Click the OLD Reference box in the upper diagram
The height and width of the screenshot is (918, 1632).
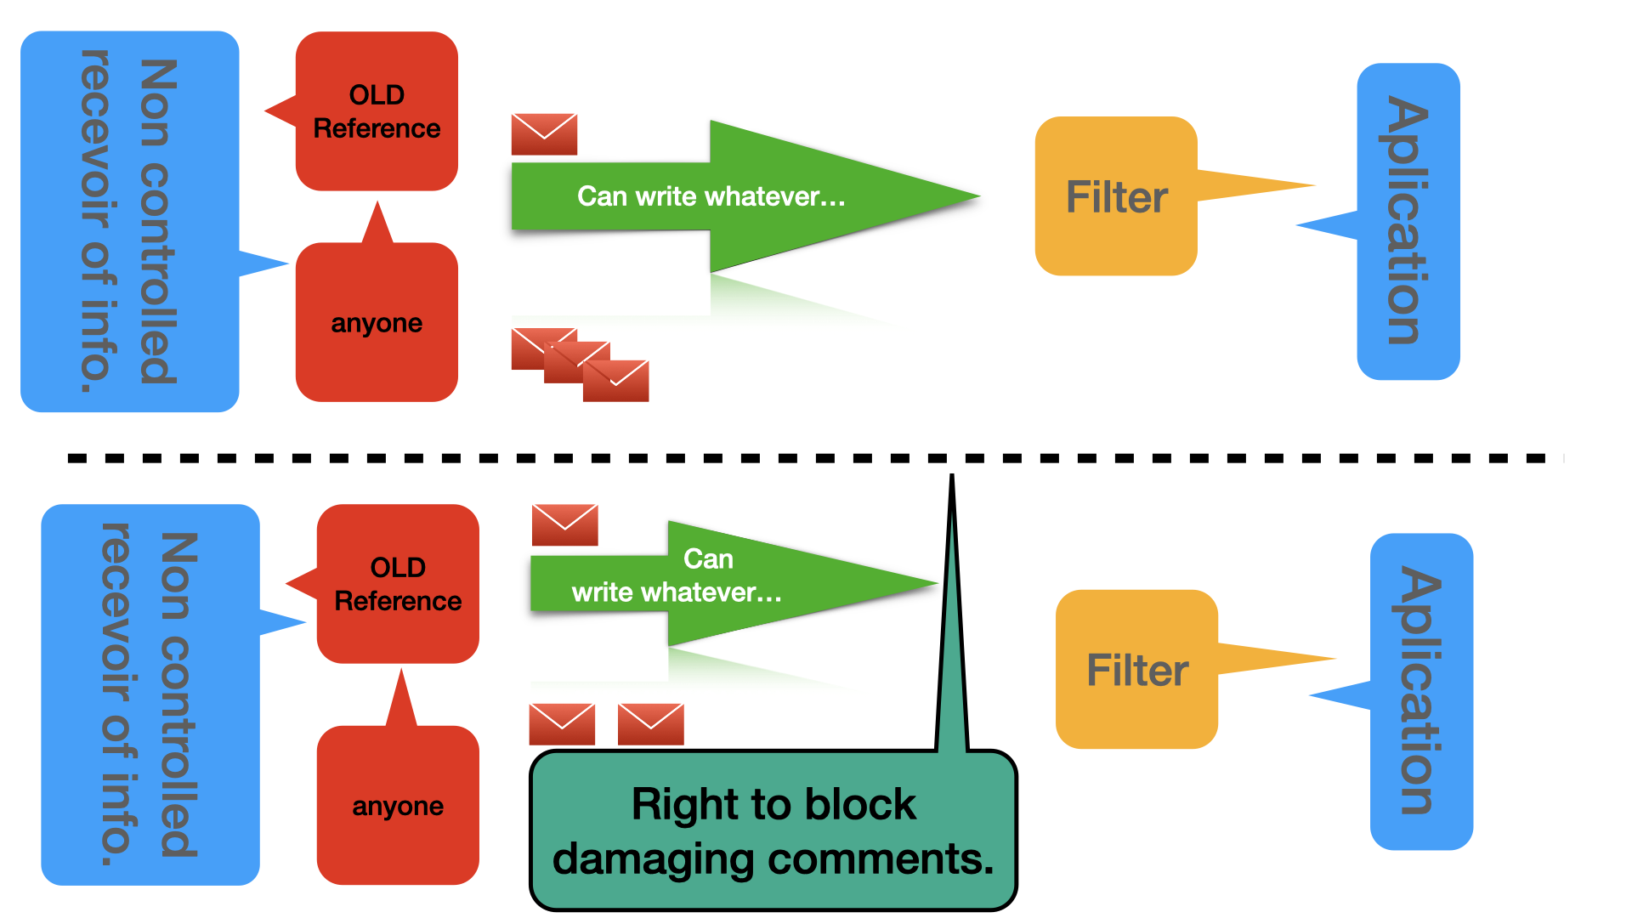377,111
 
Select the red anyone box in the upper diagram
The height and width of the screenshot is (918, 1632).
377,322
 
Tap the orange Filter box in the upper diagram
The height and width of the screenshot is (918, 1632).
1116,196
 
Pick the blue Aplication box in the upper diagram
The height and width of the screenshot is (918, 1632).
1408,221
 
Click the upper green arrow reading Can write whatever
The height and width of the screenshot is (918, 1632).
745,196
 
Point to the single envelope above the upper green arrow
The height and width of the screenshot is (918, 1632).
544,134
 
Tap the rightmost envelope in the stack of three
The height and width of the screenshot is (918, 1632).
616,381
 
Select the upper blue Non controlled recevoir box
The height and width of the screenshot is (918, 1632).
129,221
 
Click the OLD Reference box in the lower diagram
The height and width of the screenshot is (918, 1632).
398,584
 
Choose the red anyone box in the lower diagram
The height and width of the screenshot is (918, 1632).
398,804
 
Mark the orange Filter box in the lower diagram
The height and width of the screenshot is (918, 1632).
1136,670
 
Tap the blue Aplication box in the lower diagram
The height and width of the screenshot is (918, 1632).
1421,691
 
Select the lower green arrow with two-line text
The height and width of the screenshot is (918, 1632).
734,583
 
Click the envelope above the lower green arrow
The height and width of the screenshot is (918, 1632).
565,525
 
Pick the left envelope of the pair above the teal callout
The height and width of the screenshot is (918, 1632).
562,724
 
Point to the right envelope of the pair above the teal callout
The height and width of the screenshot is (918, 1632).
651,724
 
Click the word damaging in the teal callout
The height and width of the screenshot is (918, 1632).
653,859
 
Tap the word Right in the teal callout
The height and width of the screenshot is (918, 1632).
685,804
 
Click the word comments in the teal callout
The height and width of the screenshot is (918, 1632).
881,859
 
